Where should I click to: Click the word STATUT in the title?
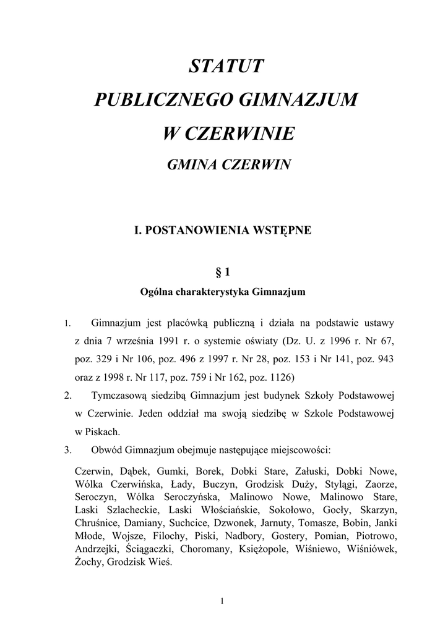[x=226, y=66]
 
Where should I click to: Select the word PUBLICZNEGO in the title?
[x=163, y=100]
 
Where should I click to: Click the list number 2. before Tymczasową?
[x=69, y=394]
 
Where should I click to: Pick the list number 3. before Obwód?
[x=69, y=448]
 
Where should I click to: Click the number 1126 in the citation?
[x=277, y=376]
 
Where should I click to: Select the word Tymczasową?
[x=123, y=394]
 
